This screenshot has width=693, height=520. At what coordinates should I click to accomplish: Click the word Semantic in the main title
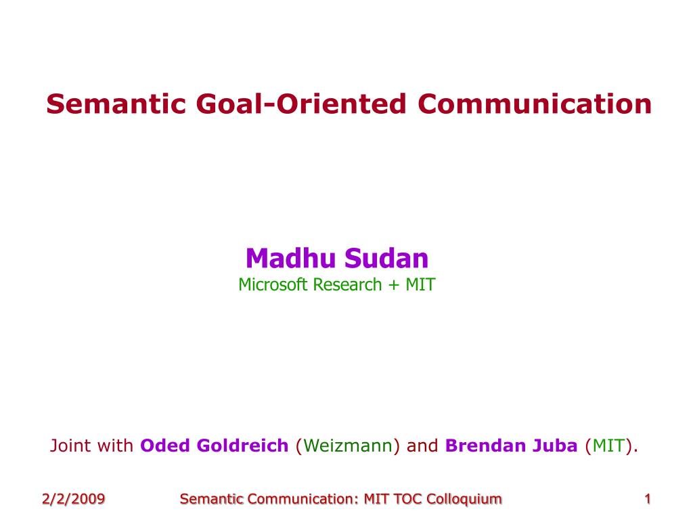click(116, 104)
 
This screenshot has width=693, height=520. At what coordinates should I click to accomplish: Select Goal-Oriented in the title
click(301, 104)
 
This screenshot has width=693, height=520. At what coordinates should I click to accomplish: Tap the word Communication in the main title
click(535, 104)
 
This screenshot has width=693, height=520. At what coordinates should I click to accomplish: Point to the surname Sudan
click(386, 258)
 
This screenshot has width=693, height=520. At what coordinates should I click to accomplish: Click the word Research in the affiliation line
click(347, 285)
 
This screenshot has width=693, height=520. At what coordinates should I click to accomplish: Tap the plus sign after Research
click(393, 286)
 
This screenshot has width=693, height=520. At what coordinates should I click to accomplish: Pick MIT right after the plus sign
click(420, 285)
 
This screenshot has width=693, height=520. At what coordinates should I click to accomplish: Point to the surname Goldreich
click(243, 446)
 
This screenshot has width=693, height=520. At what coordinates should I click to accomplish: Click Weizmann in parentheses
click(348, 446)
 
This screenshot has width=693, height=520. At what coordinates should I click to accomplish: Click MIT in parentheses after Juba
click(609, 446)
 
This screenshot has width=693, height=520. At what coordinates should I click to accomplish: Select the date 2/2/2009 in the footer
click(73, 499)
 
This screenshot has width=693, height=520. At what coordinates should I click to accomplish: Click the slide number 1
click(648, 499)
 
